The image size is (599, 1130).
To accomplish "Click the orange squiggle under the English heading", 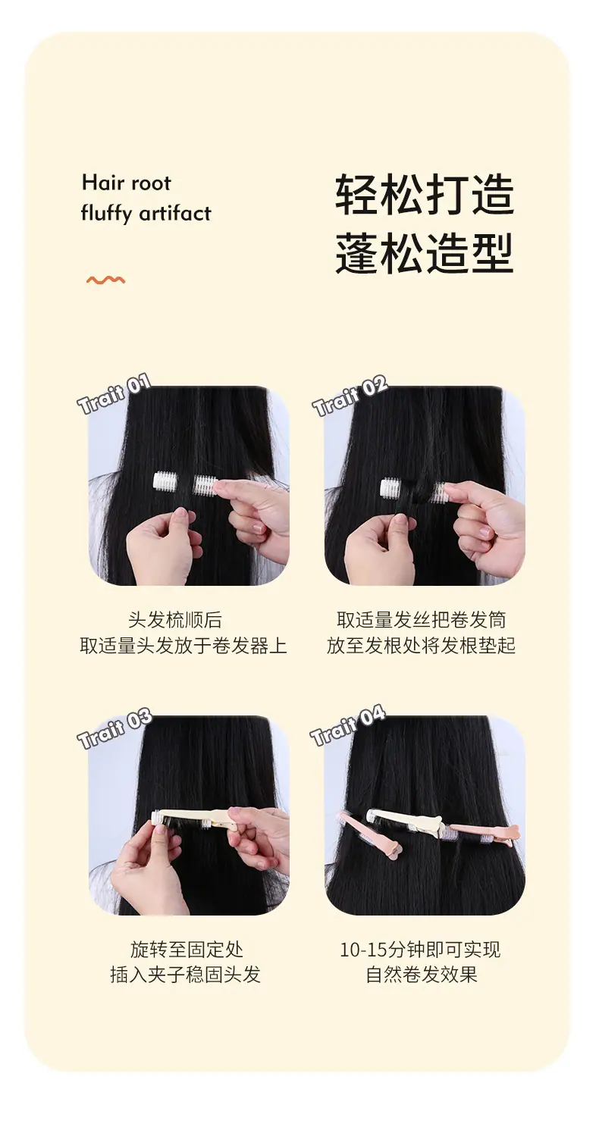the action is [x=105, y=280].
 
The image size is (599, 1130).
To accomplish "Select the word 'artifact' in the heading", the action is [x=175, y=213].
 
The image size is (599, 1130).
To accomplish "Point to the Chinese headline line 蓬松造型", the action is [x=425, y=253].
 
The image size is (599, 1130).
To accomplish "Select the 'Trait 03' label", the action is [x=114, y=728].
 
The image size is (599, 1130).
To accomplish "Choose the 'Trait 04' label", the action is [x=348, y=725].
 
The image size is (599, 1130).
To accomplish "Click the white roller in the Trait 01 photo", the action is [x=185, y=484].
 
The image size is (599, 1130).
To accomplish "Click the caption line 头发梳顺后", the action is [x=175, y=619].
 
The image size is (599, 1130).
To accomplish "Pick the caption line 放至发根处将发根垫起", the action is [x=421, y=645].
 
